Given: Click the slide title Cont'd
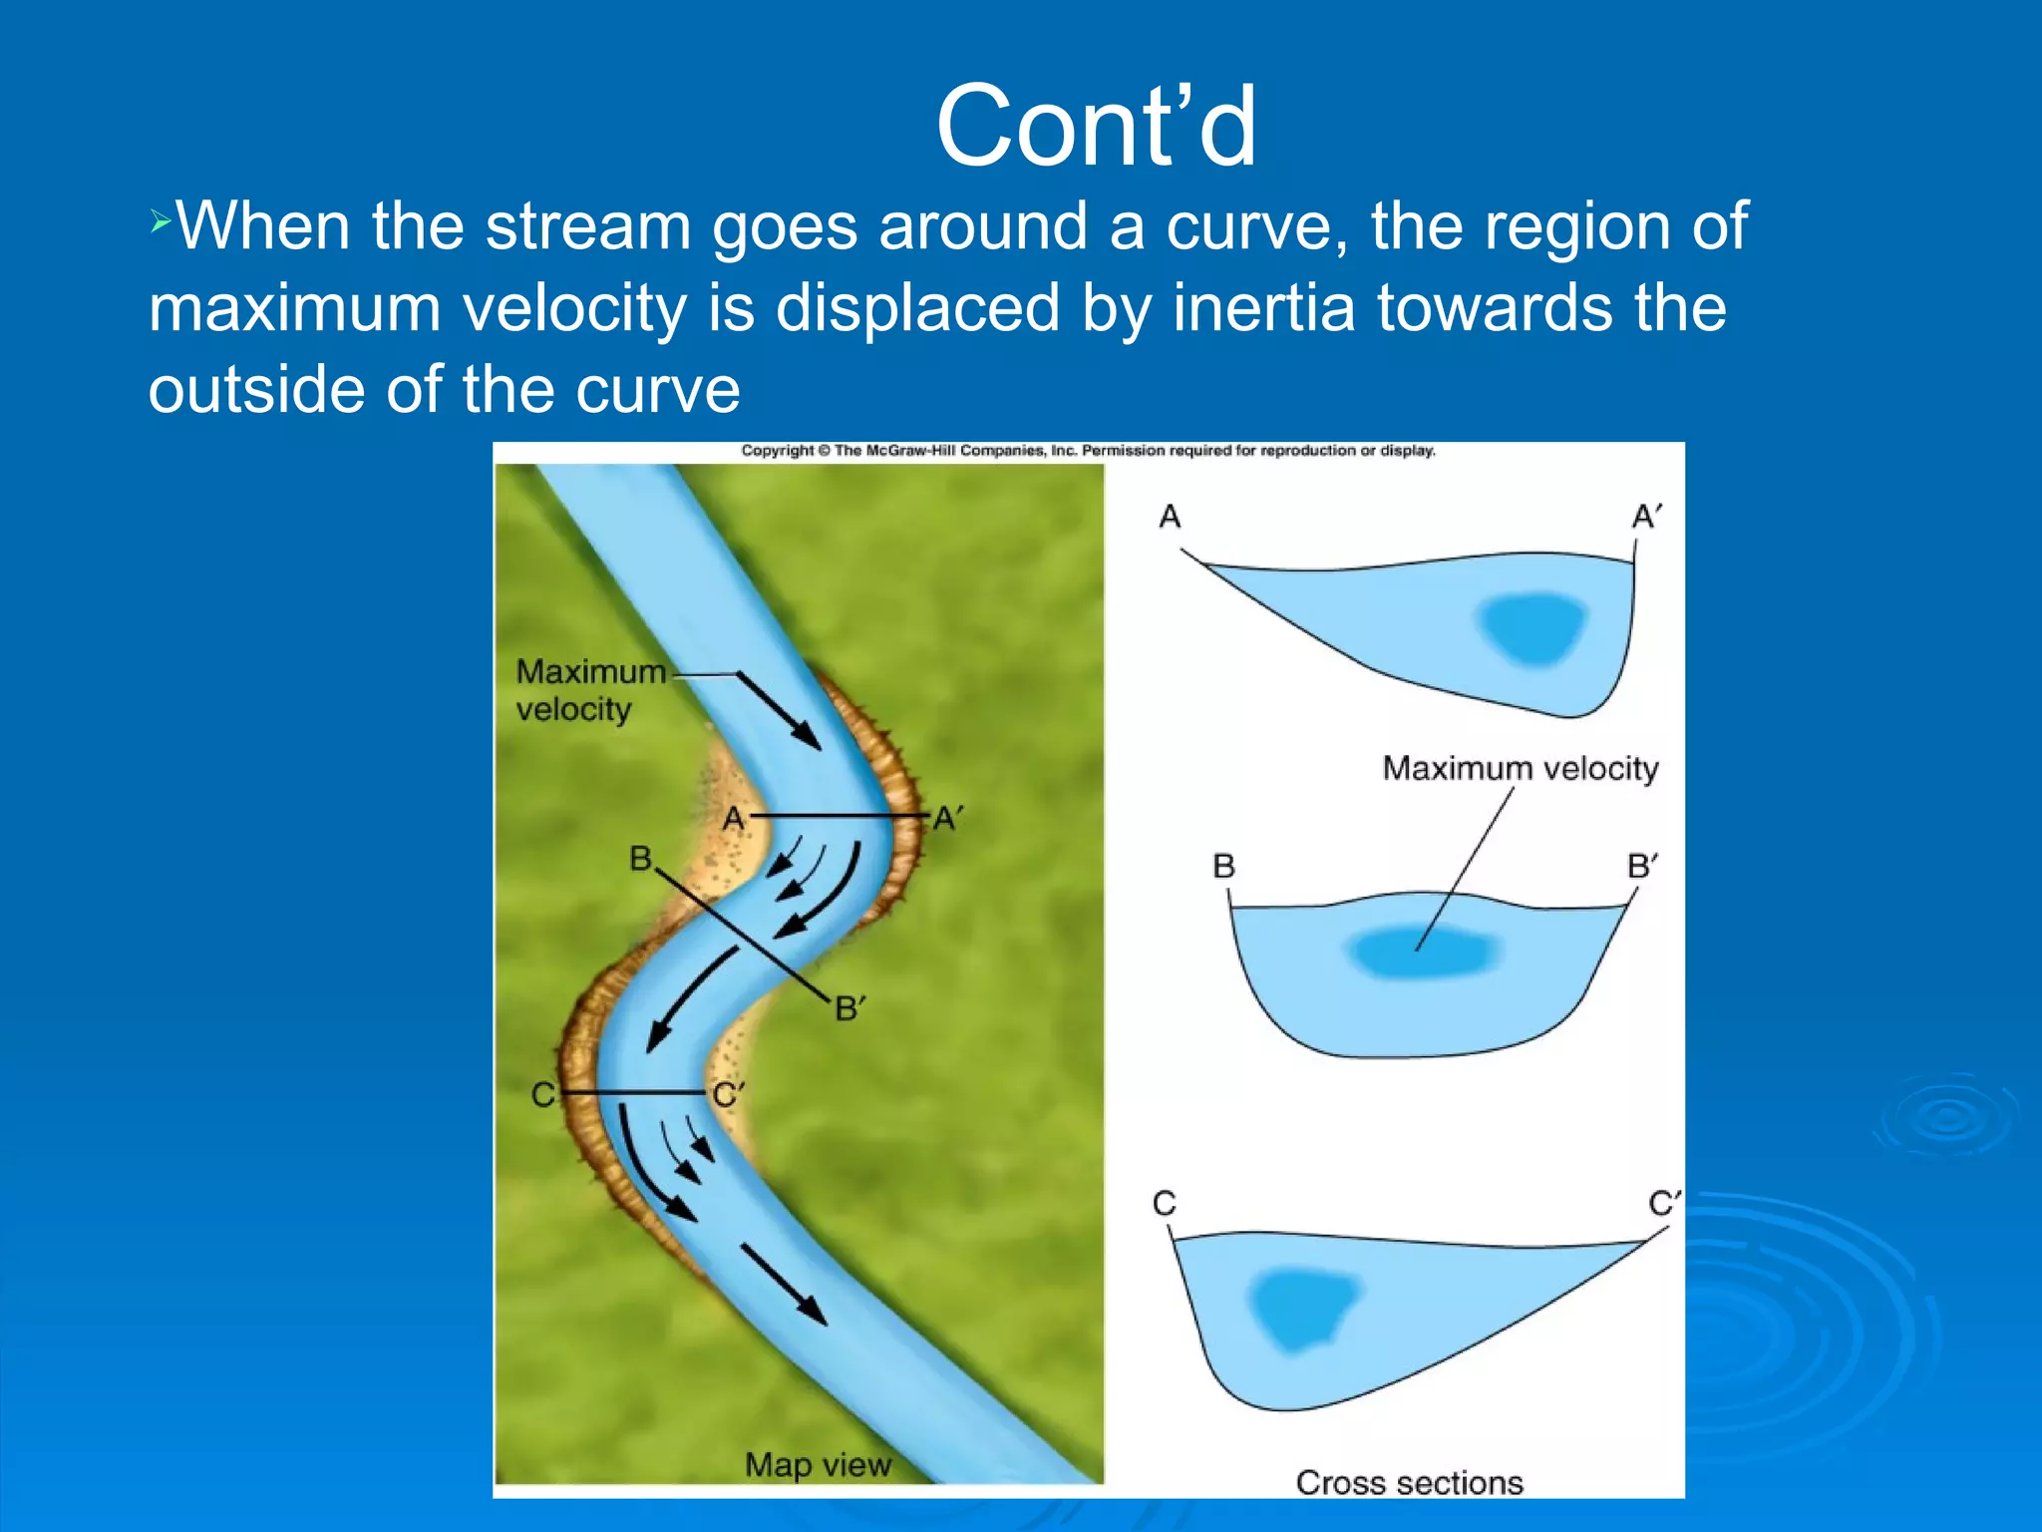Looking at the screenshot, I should [x=1097, y=128].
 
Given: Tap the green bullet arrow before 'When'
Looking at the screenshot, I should [x=161, y=222].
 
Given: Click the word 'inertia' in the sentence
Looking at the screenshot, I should [x=1263, y=307].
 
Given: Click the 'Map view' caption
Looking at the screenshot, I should [x=818, y=1464].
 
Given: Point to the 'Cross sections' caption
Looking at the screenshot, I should [x=1409, y=1482].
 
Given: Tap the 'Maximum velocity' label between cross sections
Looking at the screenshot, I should [x=1520, y=768].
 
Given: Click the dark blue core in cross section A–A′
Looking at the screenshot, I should [x=1533, y=627].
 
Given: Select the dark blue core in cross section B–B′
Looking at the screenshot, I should [x=1424, y=950].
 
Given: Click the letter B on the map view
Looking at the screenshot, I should [x=640, y=858].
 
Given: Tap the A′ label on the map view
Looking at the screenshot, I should [x=947, y=819].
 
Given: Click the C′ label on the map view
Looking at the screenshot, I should [x=728, y=1095].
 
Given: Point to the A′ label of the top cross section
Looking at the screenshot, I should [x=1646, y=517].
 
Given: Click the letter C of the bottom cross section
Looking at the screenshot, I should [x=1164, y=1203].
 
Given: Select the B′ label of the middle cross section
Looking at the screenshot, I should [x=1642, y=865].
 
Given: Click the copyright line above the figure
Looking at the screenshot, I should [x=1088, y=451].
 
